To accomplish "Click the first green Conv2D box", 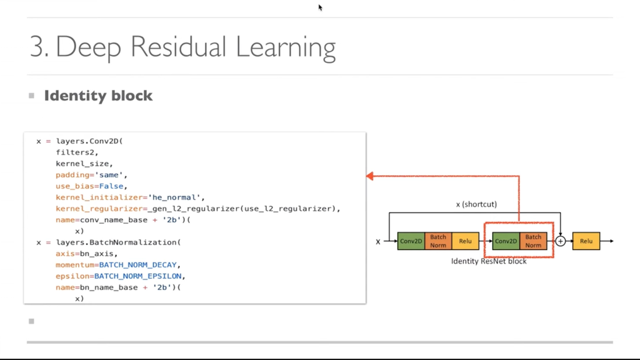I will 411,241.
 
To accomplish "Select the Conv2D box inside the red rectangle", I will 506,241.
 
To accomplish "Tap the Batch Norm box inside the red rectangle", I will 533,241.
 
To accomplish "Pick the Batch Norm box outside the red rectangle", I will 438,241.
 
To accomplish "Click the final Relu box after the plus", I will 586,241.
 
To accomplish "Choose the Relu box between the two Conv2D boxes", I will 466,241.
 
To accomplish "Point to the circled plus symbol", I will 561,241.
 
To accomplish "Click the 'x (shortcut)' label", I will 476,204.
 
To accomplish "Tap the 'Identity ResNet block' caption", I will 489,261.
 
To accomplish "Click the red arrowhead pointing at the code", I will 370,176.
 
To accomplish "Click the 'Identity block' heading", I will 98,96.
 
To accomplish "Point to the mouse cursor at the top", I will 320,7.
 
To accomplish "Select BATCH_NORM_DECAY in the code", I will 139,265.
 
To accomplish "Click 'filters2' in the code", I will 77,152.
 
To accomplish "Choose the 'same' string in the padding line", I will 110,175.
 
